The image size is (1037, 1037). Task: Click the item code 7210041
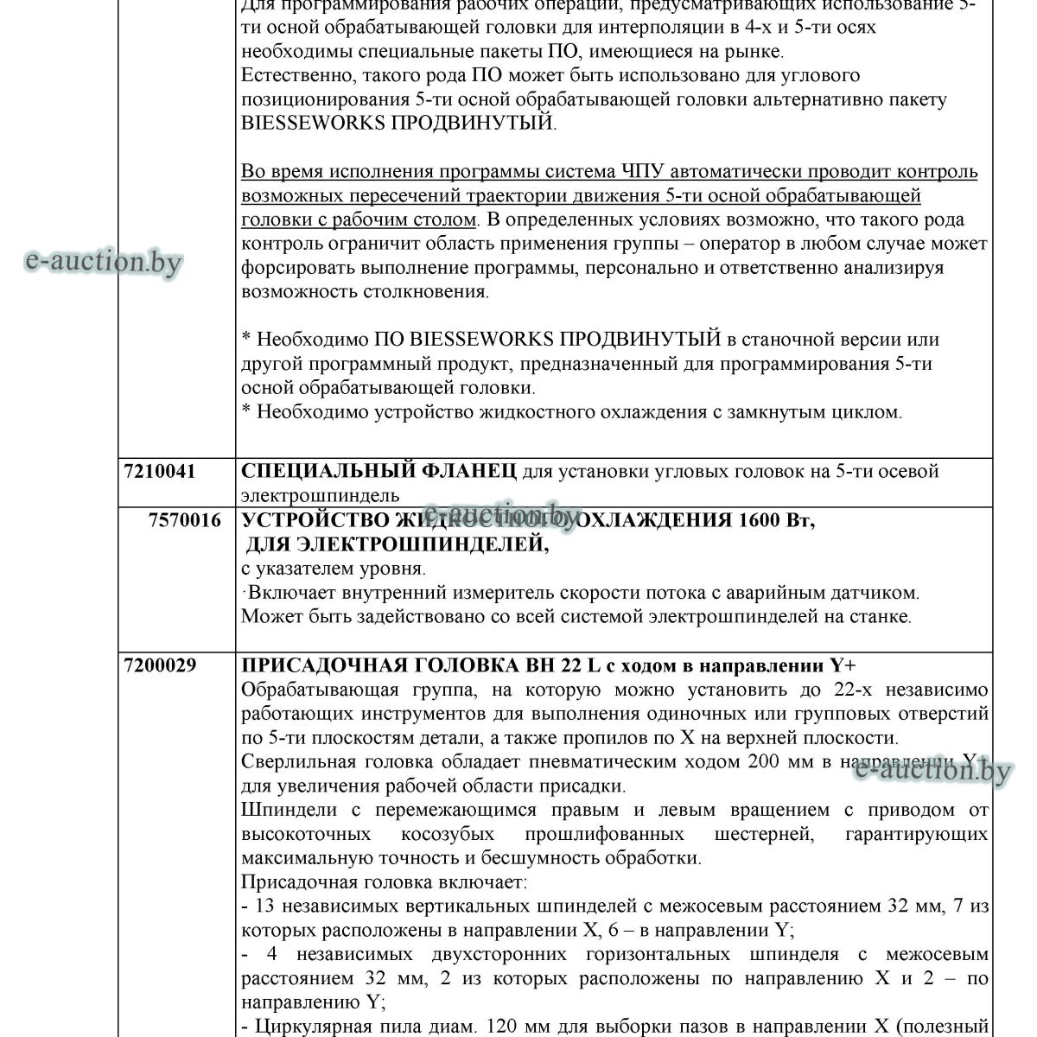[160, 472]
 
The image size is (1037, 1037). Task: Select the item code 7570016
[184, 520]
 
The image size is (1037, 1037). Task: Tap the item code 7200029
[160, 665]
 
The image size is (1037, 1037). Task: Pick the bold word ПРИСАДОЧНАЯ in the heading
[325, 665]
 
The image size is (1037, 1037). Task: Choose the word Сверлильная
[293, 762]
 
